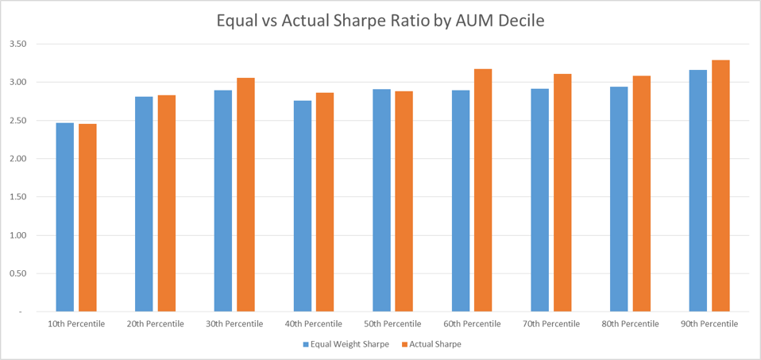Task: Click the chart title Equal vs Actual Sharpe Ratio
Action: pyautogui.click(x=380, y=21)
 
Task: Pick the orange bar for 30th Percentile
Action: pyautogui.click(x=245, y=195)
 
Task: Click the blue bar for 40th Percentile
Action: pyautogui.click(x=303, y=206)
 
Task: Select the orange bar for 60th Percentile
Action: pyautogui.click(x=483, y=190)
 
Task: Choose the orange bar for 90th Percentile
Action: pyautogui.click(x=720, y=186)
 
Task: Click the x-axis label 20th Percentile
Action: pyautogui.click(x=155, y=323)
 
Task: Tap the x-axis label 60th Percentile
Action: pyautogui.click(x=472, y=323)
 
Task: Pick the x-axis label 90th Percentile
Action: pyautogui.click(x=709, y=323)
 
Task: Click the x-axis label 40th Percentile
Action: pyautogui.click(x=314, y=323)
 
